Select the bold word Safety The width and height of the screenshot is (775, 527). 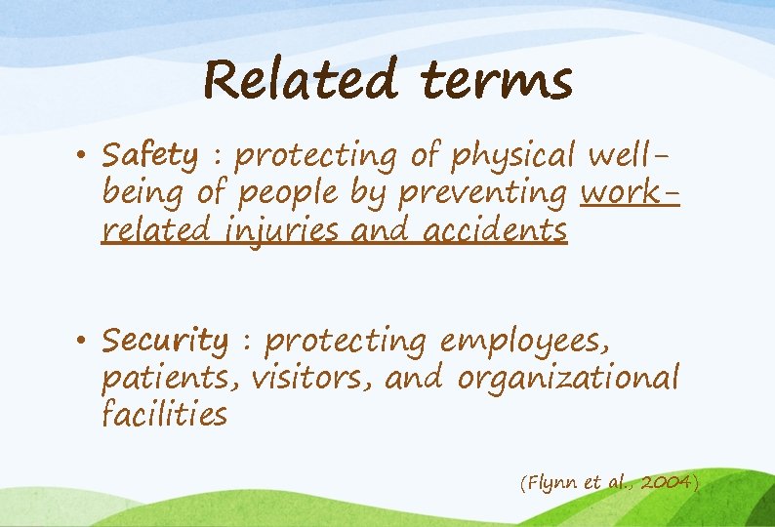click(150, 156)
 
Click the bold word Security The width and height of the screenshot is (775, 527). click(165, 342)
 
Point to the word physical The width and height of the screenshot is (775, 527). click(512, 156)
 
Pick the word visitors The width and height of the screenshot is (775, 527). click(312, 377)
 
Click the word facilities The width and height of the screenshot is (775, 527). click(164, 414)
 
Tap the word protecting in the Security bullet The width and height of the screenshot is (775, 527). click(346, 342)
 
